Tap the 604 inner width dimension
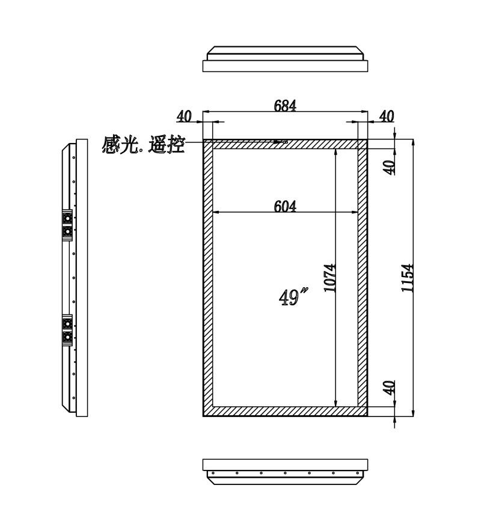click(285, 206)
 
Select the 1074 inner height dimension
click(330, 278)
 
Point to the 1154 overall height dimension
click(407, 278)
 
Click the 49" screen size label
click(293, 296)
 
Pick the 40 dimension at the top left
click(184, 116)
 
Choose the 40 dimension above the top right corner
click(387, 116)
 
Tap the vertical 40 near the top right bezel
click(390, 167)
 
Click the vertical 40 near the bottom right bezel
click(390, 388)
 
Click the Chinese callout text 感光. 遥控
click(143, 145)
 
